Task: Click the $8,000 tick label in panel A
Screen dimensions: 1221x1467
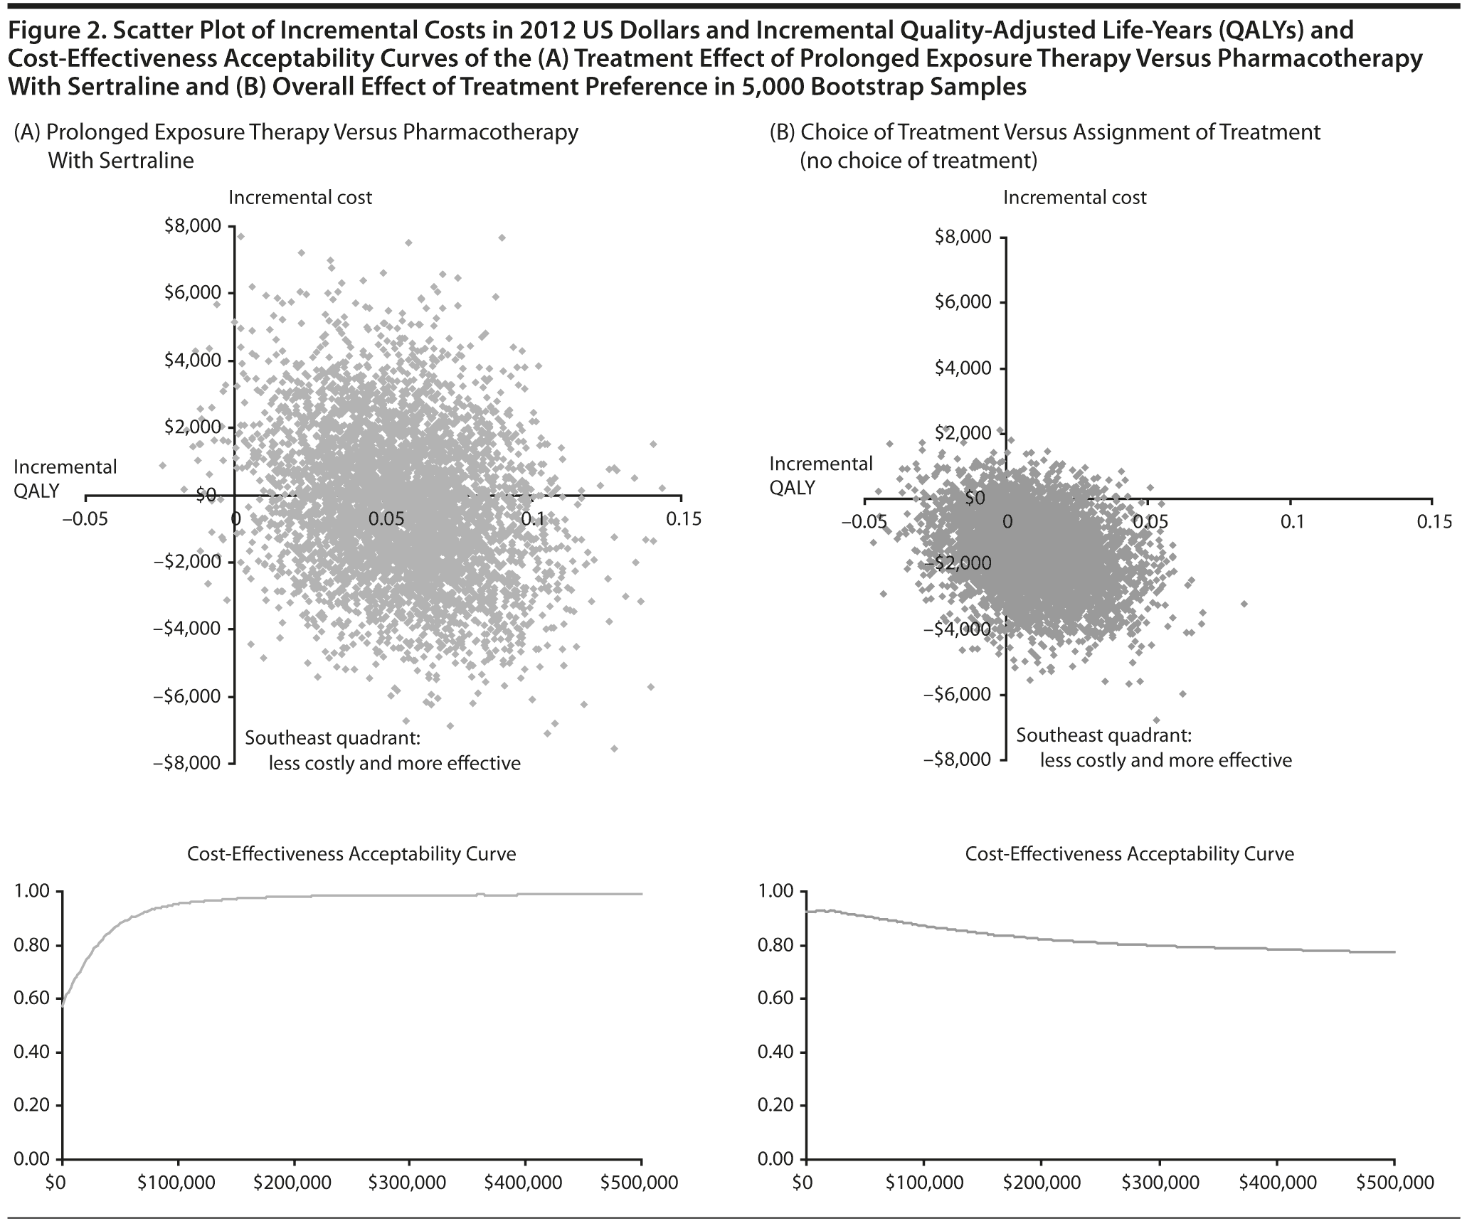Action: point(192,226)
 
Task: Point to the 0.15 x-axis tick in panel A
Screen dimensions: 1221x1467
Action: point(682,519)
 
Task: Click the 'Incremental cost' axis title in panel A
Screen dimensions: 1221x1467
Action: point(300,198)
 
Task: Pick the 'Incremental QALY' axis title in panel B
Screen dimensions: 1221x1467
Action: point(820,476)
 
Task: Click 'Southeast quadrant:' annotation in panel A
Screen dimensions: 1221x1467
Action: point(332,738)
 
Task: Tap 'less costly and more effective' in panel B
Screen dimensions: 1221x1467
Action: point(1165,760)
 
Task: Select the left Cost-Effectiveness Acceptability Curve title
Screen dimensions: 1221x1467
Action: point(351,854)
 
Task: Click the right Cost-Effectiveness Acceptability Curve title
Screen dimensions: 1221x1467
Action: point(1129,854)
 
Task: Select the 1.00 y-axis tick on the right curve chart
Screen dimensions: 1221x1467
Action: point(775,892)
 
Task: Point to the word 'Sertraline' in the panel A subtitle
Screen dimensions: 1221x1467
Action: point(146,161)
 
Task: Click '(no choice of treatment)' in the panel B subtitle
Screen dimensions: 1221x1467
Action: point(918,161)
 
